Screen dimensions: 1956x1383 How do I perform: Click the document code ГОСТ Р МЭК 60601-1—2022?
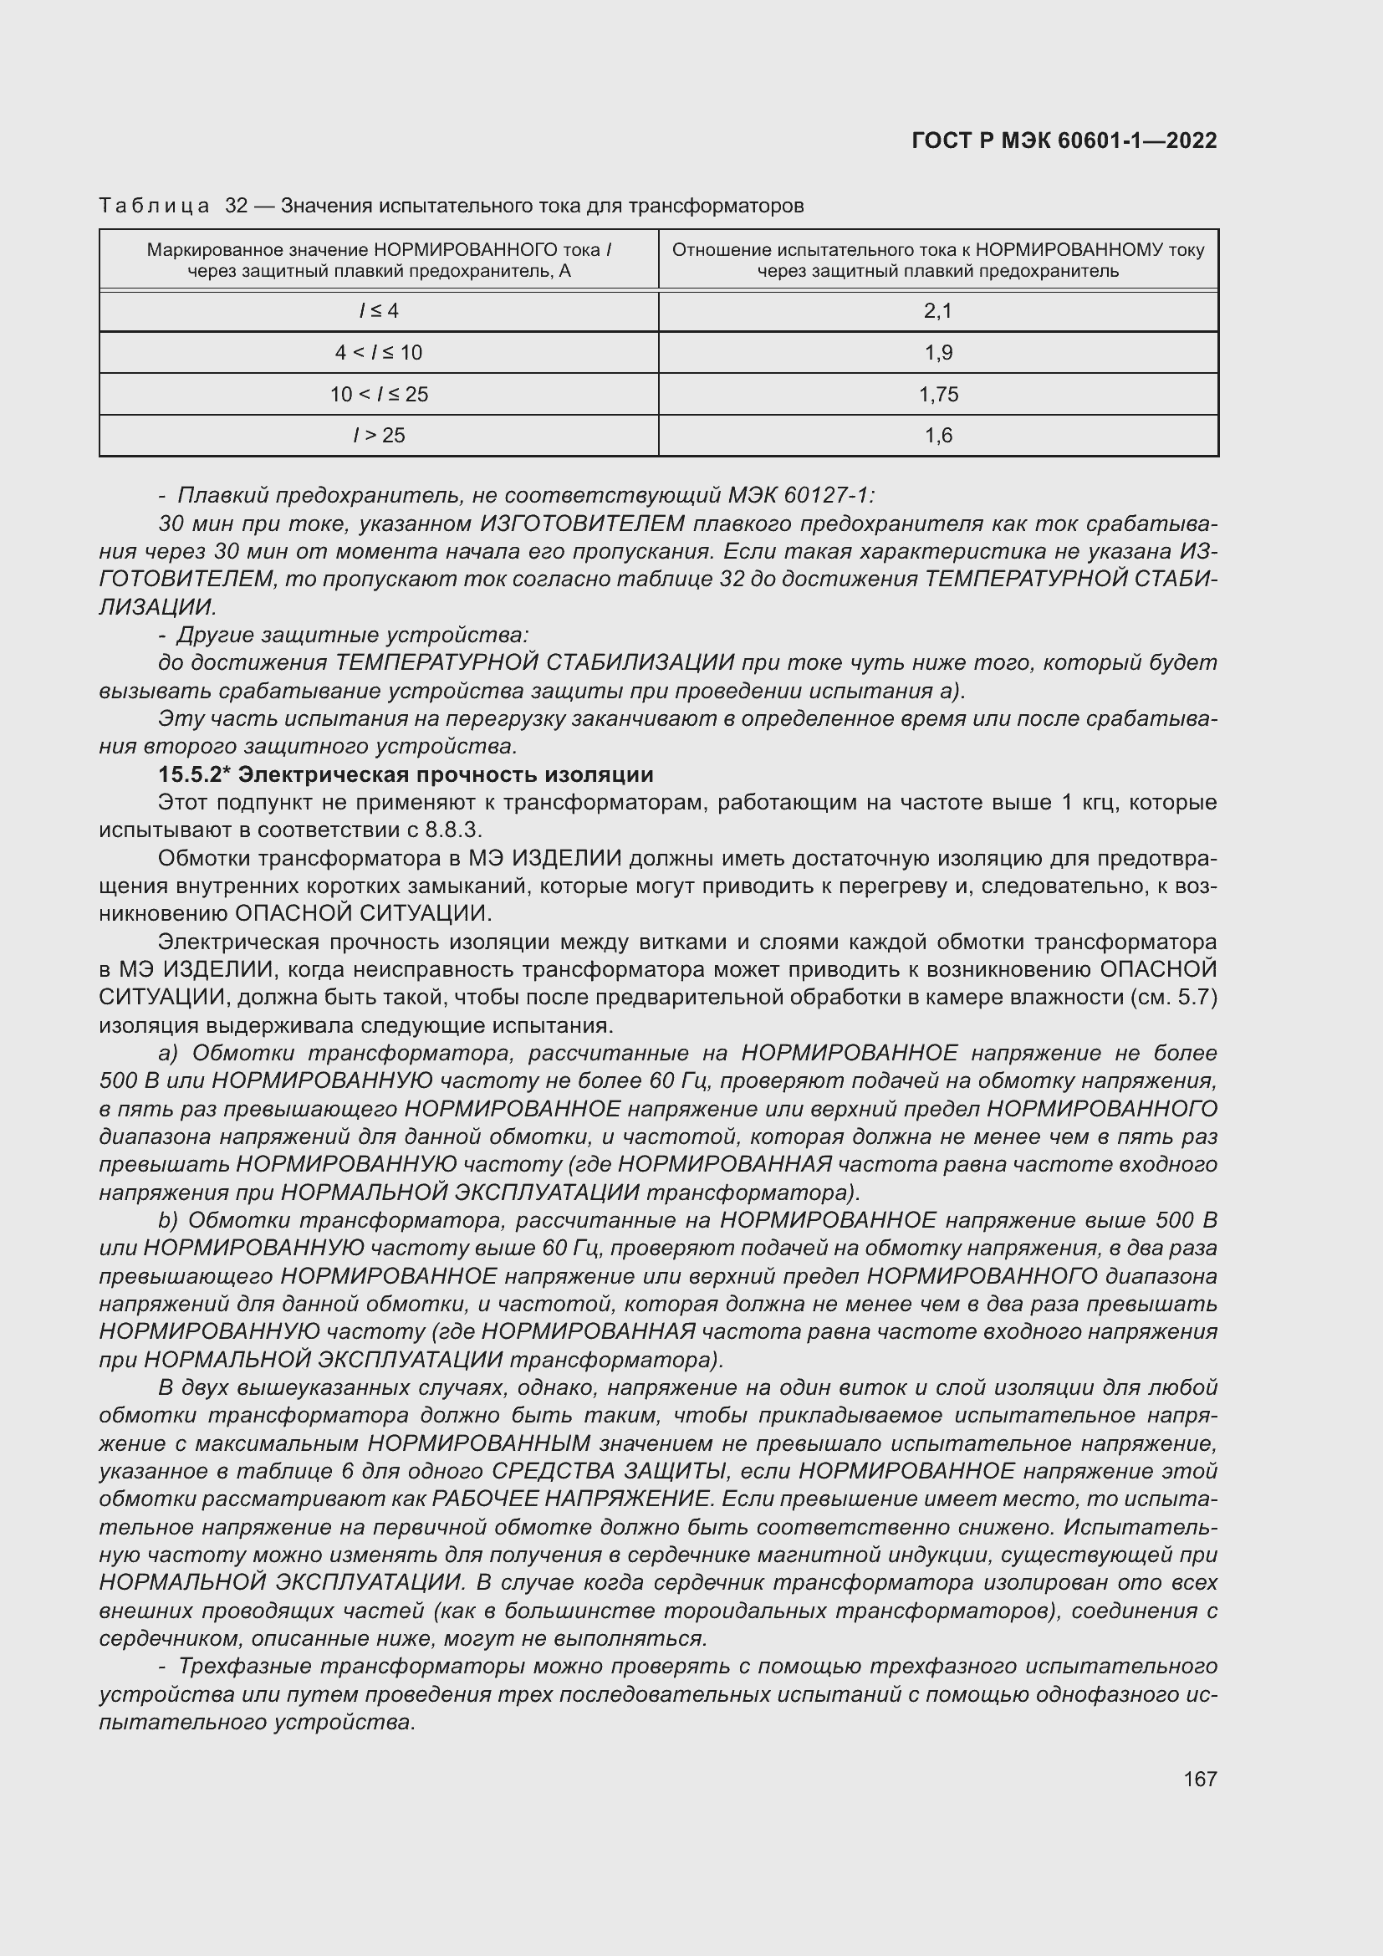coord(1064,140)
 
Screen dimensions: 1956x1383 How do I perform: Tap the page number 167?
coord(1199,1779)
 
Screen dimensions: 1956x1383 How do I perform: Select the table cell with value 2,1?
coord(937,311)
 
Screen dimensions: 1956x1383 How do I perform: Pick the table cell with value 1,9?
coord(937,353)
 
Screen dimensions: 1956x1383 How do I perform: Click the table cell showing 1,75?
coord(937,395)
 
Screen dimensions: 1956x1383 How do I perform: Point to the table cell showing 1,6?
coord(937,436)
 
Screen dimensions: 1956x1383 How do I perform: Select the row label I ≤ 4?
coord(379,311)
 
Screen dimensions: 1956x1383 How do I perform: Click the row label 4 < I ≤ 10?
coord(379,353)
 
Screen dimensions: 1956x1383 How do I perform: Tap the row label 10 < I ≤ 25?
coord(379,395)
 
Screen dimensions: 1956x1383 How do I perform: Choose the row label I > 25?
coord(379,436)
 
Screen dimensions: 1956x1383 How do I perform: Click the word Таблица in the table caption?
coord(154,207)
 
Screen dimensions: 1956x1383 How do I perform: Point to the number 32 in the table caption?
coord(236,207)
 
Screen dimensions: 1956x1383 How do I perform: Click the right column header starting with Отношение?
coord(937,260)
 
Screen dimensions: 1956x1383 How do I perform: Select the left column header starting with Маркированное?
coord(379,260)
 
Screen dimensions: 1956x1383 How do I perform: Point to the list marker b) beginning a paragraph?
coord(168,1220)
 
